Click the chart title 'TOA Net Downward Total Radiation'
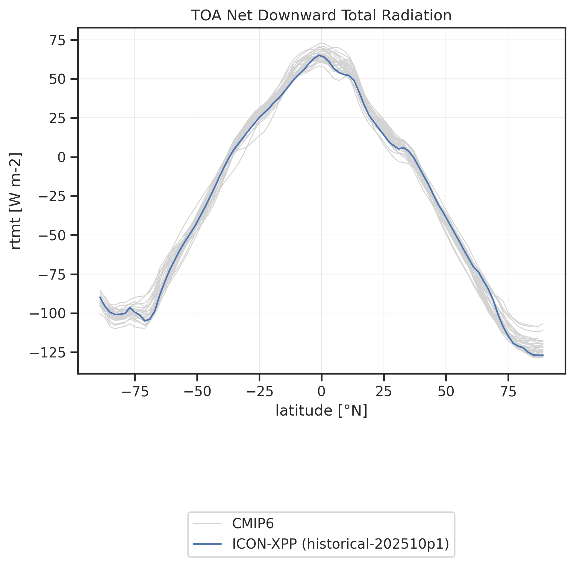click(x=321, y=16)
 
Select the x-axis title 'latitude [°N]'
click(x=321, y=411)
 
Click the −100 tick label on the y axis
click(x=49, y=313)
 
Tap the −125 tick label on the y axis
click(x=49, y=353)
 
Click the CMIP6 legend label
click(x=253, y=523)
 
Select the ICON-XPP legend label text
click(x=340, y=544)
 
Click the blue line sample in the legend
click(x=207, y=544)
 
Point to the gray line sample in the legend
click(x=207, y=524)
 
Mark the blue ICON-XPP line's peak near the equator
click(x=319, y=55)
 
